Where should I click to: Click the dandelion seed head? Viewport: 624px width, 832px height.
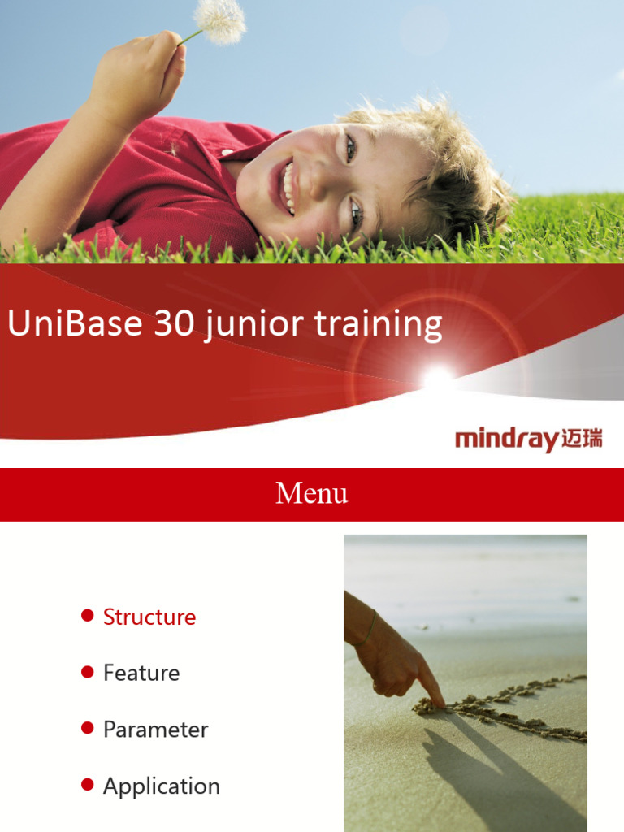pyautogui.click(x=220, y=19)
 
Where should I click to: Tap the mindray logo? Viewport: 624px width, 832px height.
pyautogui.click(x=528, y=440)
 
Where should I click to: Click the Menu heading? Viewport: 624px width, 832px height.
pyautogui.click(x=312, y=493)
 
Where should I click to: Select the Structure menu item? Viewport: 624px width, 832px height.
pyautogui.click(x=149, y=617)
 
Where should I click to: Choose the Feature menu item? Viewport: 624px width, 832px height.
pyautogui.click(x=141, y=673)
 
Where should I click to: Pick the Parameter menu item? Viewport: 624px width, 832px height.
pyautogui.click(x=155, y=730)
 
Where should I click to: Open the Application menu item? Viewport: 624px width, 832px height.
pyautogui.click(x=162, y=786)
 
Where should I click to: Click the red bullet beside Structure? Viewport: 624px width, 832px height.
pyautogui.click(x=88, y=616)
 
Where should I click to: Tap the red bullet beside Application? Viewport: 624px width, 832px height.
pyautogui.click(x=88, y=785)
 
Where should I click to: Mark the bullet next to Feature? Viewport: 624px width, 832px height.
pyautogui.click(x=88, y=672)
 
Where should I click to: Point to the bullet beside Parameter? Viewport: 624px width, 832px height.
pyautogui.click(x=88, y=728)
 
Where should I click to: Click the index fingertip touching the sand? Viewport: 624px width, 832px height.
pyautogui.click(x=440, y=703)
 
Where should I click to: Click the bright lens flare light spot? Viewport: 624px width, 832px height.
pyautogui.click(x=438, y=376)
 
